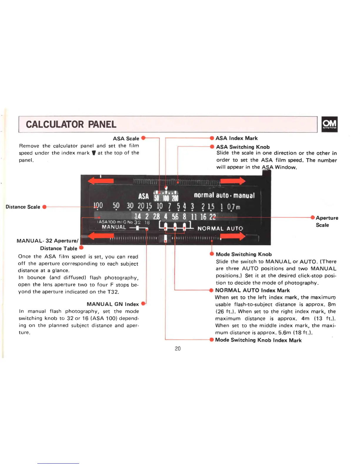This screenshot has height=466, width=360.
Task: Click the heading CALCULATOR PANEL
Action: (71, 124)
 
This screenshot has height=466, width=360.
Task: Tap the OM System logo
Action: (329, 124)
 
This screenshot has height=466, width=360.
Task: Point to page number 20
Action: (178, 349)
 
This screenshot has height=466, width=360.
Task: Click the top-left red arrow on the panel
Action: (101, 181)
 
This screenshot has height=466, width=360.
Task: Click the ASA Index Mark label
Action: (236, 138)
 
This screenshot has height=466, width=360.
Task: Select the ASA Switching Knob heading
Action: (243, 147)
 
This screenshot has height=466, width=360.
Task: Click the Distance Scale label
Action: (23, 207)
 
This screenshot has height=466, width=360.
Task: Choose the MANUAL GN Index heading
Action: (113, 304)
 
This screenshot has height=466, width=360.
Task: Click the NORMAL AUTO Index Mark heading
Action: (252, 290)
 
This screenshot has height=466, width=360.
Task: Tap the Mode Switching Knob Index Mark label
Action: (258, 340)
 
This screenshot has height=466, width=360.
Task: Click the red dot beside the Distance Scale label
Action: (44, 207)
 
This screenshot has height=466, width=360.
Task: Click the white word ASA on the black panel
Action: (144, 196)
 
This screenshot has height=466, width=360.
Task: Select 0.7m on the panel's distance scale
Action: (234, 207)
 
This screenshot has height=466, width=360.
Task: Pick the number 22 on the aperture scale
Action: (212, 217)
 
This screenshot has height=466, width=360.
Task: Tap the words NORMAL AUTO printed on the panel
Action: (220, 229)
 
